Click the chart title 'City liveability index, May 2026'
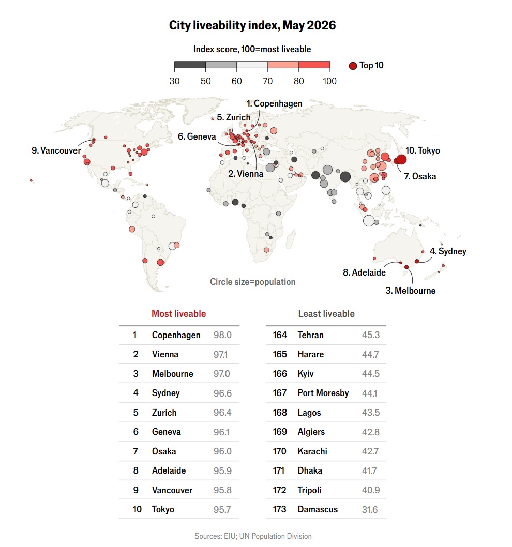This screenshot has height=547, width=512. (252, 25)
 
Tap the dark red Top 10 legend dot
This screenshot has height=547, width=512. (353, 66)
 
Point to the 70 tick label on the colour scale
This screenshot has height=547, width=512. (267, 81)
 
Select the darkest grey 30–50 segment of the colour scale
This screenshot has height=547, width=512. (190, 65)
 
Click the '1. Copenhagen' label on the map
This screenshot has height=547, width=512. (274, 103)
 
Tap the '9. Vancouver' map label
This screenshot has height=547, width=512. (56, 150)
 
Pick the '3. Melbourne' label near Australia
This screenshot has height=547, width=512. (411, 291)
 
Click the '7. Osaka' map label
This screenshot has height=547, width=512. (420, 176)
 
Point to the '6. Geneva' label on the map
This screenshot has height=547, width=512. (197, 136)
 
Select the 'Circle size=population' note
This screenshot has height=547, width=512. (253, 282)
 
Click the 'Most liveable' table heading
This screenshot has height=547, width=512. (179, 314)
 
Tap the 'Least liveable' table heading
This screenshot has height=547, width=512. (326, 314)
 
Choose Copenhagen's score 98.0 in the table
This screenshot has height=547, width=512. (223, 335)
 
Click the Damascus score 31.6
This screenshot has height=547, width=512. (370, 510)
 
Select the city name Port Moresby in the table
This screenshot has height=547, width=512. (323, 393)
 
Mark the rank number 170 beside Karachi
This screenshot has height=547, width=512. (280, 451)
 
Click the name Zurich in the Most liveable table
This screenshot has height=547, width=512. (164, 413)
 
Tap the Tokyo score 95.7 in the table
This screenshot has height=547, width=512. (222, 510)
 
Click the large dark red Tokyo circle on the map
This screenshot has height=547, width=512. (401, 159)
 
